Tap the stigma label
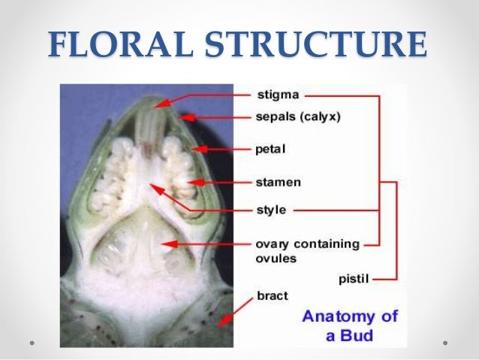(x=279, y=95)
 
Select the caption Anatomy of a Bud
(x=349, y=325)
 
